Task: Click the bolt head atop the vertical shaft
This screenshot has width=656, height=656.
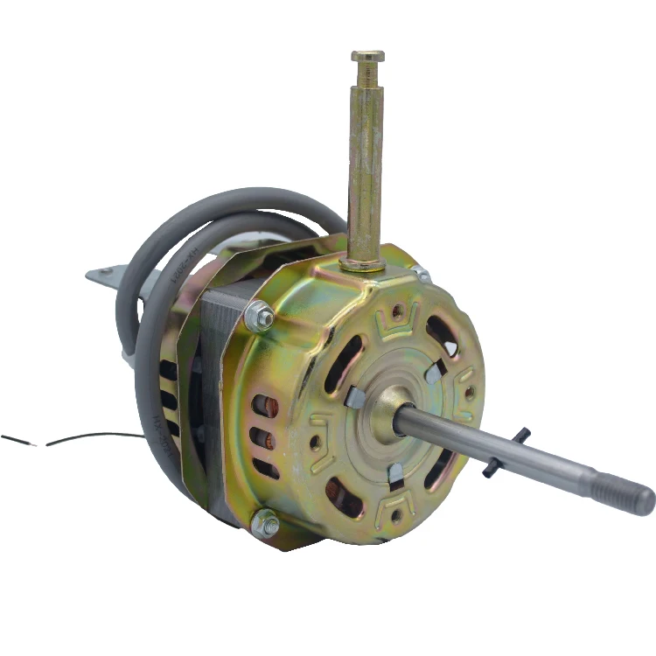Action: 367,57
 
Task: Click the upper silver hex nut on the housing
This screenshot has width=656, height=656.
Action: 259,315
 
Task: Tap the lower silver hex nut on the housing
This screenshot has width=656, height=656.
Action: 265,524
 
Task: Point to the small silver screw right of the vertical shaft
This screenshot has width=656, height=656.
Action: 422,275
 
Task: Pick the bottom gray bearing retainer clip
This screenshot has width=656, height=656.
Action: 395,473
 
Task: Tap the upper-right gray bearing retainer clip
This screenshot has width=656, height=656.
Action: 434,373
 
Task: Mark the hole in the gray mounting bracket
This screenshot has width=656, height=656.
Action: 106,273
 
